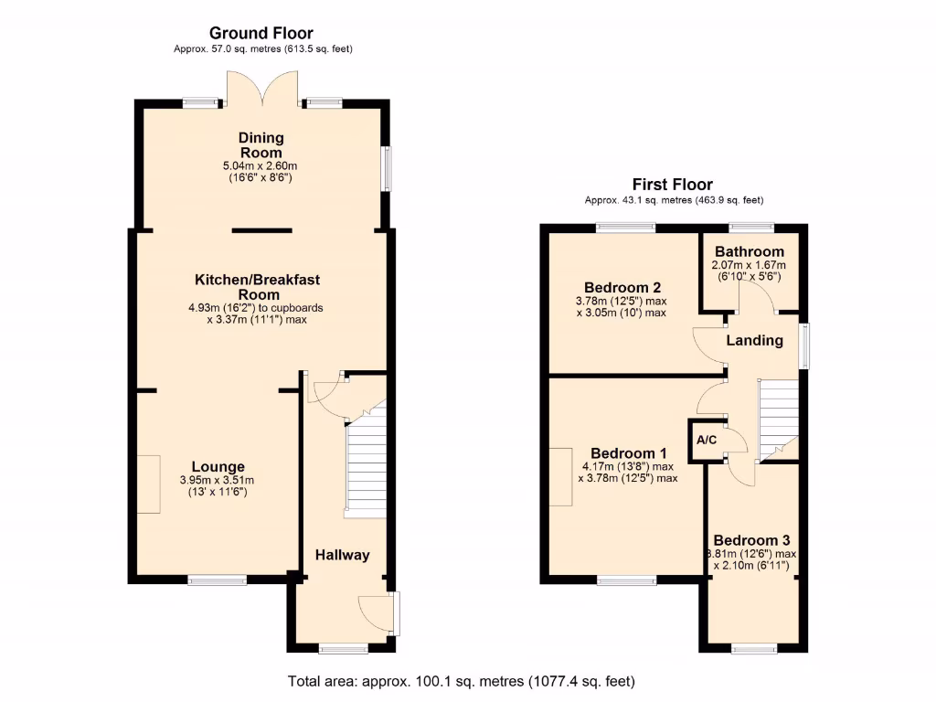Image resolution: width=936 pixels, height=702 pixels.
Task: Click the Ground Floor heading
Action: (x=261, y=32)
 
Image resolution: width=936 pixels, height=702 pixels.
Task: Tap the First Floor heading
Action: (x=674, y=185)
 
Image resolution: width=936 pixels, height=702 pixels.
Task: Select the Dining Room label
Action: (x=261, y=145)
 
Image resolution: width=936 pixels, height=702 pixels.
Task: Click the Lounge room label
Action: (x=218, y=467)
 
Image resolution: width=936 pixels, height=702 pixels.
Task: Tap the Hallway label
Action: (x=342, y=555)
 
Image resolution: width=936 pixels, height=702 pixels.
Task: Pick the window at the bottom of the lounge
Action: (x=218, y=579)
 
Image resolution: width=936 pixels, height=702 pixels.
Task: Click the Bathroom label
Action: (x=750, y=251)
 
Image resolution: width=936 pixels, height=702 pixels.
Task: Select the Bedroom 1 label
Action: (x=629, y=453)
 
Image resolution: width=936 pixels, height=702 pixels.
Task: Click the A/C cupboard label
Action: (x=707, y=441)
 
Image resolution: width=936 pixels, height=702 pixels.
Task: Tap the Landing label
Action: (x=754, y=340)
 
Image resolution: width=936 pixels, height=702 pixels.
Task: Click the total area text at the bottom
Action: (x=461, y=681)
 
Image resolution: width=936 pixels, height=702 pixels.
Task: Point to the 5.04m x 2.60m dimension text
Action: (x=261, y=166)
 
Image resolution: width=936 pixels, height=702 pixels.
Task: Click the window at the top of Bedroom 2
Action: (x=626, y=227)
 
